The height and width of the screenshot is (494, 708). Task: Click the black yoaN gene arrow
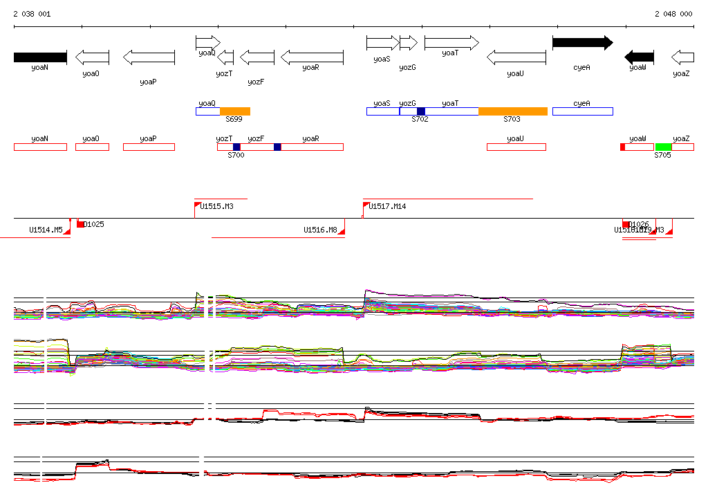pyautogui.click(x=40, y=57)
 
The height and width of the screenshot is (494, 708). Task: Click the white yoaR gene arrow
pyautogui.click(x=312, y=57)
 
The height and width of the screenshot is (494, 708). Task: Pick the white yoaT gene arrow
pyautogui.click(x=451, y=43)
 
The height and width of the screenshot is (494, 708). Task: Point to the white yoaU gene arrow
pyautogui.click(x=516, y=57)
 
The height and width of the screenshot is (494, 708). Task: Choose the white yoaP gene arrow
pyautogui.click(x=149, y=57)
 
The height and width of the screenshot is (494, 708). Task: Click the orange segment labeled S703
pyautogui.click(x=512, y=111)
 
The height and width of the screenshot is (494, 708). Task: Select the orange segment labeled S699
pyautogui.click(x=235, y=111)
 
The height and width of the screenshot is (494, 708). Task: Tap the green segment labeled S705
pyautogui.click(x=664, y=147)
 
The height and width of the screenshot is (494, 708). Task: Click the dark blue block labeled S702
pyautogui.click(x=421, y=111)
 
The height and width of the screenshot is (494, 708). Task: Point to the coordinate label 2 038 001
pyautogui.click(x=32, y=14)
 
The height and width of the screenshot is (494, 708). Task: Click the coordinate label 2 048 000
pyautogui.click(x=673, y=14)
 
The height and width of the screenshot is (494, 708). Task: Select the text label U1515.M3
pyautogui.click(x=216, y=206)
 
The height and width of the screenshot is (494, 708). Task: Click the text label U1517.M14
pyautogui.click(x=387, y=206)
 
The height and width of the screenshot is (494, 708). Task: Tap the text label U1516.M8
pyautogui.click(x=320, y=230)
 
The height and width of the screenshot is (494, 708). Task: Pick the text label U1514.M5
pyautogui.click(x=46, y=230)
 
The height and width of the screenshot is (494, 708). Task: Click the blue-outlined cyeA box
pyautogui.click(x=582, y=111)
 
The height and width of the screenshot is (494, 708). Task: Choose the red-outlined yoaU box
pyautogui.click(x=516, y=147)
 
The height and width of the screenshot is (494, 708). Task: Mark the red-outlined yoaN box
pyautogui.click(x=40, y=147)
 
